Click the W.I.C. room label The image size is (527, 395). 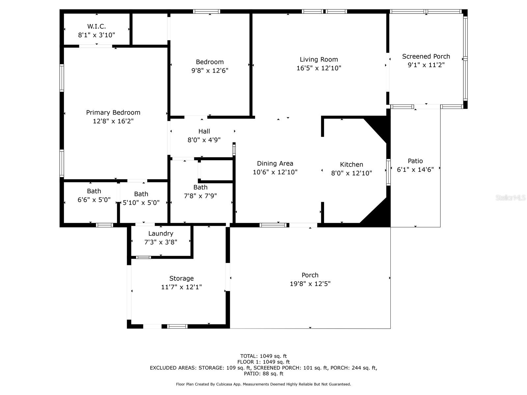pos(97,26)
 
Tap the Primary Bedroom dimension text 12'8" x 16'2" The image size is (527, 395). pos(113,121)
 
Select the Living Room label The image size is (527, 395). pos(319,59)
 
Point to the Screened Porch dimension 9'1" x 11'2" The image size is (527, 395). pos(426,65)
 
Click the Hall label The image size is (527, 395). pos(204,131)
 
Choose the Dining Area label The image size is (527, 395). pos(275,164)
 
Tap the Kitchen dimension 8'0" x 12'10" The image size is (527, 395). pos(351,173)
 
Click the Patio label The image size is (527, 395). pos(415,161)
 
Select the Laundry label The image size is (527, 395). pos(161,234)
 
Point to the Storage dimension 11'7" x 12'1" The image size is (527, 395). pos(181,287)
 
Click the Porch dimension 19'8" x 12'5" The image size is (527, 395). pos(310,284)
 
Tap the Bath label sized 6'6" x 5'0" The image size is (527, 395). pos(94,191)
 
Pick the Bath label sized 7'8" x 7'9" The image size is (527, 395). pos(201,187)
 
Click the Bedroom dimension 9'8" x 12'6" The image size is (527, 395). pos(209,70)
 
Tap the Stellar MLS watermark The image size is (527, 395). pos(511,198)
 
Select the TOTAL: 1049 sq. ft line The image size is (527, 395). pos(263,356)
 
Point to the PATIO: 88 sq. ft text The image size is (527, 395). pos(263,374)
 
